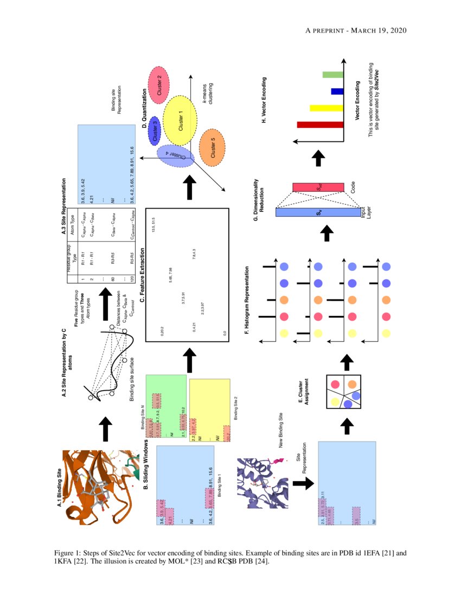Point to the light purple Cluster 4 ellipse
(172, 156)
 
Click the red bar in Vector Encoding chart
(320, 125)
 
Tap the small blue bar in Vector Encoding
(337, 91)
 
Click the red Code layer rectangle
(318, 187)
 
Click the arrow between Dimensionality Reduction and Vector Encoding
(319, 158)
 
